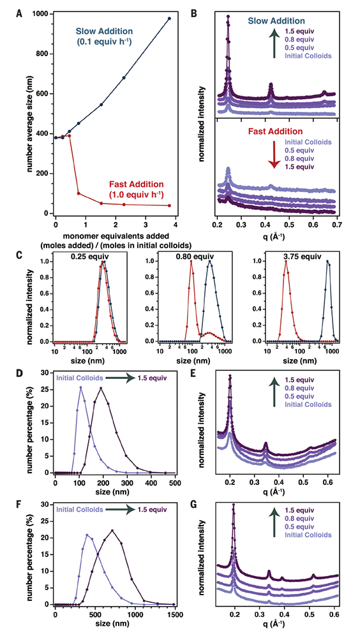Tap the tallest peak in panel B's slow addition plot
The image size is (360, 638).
coord(228,17)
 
